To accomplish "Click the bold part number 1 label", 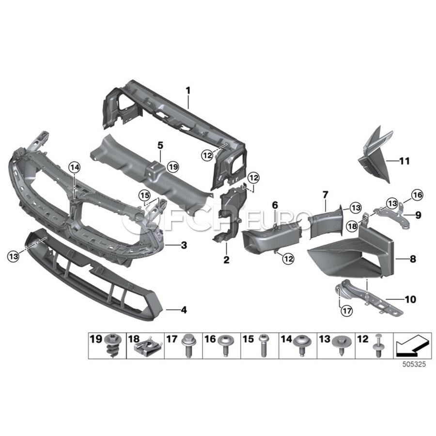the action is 188,91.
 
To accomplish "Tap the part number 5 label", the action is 160,145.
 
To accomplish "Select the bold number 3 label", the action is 184,245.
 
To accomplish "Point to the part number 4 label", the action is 184,310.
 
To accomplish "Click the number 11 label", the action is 405,161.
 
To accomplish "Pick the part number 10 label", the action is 410,299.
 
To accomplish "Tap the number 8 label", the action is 413,259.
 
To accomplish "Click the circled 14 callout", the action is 75,168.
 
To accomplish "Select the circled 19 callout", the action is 173,167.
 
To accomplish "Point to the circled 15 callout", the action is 144,196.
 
